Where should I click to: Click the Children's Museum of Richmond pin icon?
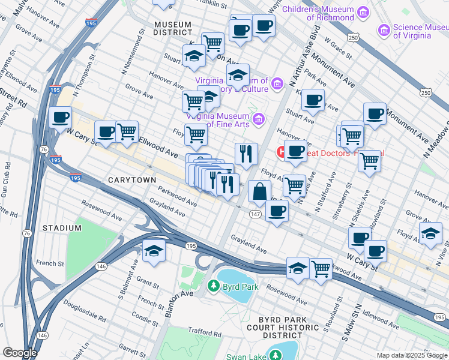coord(363,12)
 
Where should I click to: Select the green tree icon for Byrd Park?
coord(212,286)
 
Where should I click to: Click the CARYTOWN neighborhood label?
coord(132,180)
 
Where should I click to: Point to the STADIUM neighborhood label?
coord(62,228)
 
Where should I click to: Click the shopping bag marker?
coord(259,192)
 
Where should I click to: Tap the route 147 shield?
coord(255,214)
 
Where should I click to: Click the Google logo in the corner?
coord(20,353)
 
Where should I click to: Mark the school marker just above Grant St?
coord(154,253)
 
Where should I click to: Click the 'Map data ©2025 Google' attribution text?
coord(411,355)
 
